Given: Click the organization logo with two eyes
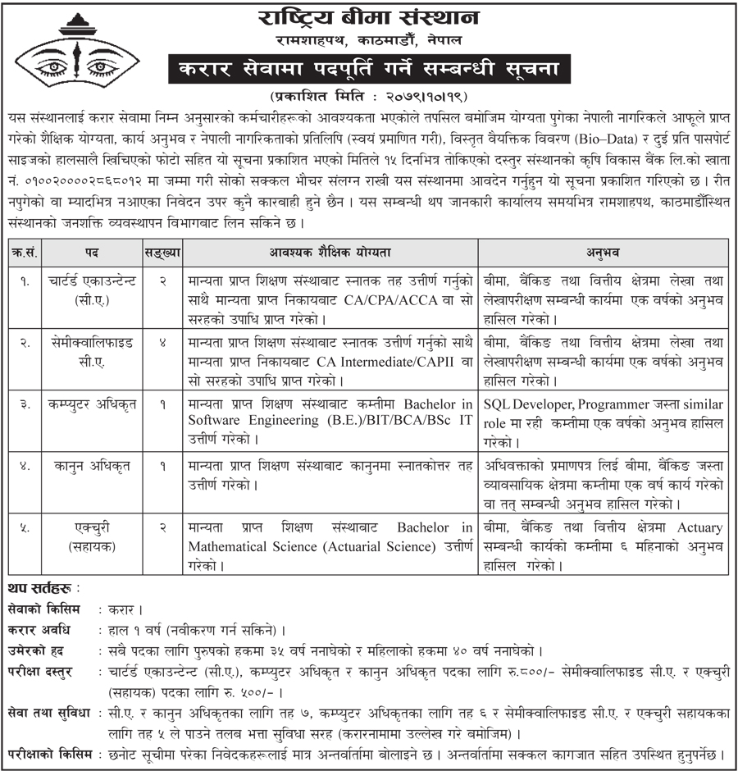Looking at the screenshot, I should (70, 52).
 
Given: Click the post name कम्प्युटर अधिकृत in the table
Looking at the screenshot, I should (92, 404).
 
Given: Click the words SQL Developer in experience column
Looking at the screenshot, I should (526, 404).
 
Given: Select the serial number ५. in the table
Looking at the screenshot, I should (25, 527).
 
